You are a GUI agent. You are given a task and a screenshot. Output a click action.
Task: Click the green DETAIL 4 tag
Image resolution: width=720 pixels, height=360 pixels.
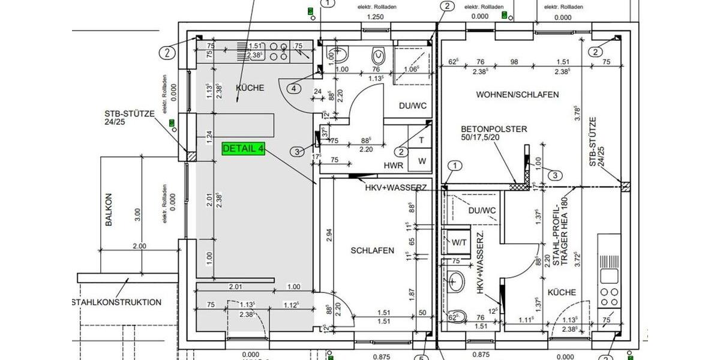click(244, 149)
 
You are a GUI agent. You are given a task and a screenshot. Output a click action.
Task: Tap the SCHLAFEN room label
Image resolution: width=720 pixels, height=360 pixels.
click(373, 250)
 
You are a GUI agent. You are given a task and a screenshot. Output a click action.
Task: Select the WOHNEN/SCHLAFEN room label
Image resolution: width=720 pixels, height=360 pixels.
click(517, 95)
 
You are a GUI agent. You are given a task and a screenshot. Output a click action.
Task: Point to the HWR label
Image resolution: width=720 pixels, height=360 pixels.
click(393, 165)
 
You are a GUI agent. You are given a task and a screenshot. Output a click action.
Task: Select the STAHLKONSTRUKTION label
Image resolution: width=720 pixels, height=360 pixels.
click(116, 302)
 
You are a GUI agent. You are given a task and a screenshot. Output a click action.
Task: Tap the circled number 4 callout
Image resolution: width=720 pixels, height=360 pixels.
click(293, 89)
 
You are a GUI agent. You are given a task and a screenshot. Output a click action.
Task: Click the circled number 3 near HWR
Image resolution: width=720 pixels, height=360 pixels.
click(298, 152)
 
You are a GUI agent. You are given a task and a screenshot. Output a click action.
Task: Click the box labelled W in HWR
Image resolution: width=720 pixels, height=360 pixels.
click(421, 161)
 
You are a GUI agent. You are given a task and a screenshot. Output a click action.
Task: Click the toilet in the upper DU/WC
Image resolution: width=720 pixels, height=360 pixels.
click(379, 56)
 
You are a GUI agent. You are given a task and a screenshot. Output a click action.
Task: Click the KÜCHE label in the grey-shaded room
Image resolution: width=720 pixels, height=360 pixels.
click(250, 88)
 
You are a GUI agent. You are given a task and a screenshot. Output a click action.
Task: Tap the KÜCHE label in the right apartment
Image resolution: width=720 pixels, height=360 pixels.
click(562, 292)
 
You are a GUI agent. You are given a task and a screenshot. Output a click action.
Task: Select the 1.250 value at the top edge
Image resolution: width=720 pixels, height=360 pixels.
click(375, 17)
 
